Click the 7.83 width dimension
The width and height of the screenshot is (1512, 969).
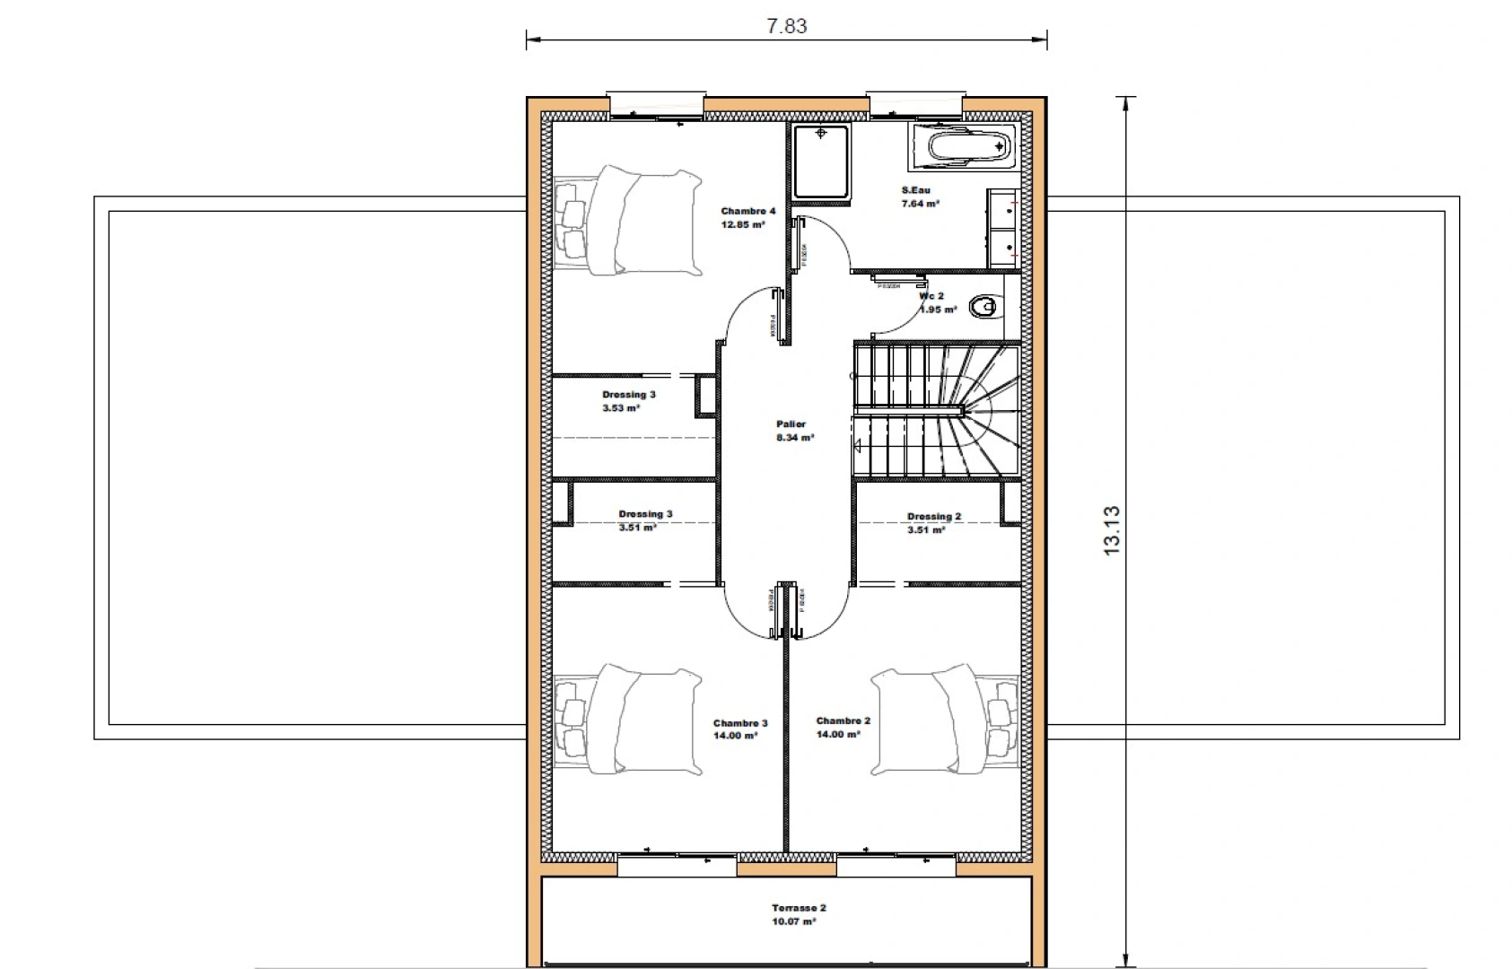point(786,26)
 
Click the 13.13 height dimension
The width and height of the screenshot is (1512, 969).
point(1112,530)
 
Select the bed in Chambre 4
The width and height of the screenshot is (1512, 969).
point(628,221)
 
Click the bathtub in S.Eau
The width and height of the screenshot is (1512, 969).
point(962,146)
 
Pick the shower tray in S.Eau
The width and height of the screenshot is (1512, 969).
point(820,161)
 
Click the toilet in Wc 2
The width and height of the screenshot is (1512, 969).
point(985,307)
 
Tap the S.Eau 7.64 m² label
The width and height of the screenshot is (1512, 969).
point(919,196)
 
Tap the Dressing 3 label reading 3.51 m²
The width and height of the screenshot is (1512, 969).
point(643,521)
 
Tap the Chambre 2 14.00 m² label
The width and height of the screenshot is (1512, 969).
point(842,727)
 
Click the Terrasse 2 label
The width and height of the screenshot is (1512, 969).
point(798,914)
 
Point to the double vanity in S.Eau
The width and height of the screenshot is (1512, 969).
point(1003,228)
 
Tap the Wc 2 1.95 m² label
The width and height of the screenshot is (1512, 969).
point(935,302)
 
